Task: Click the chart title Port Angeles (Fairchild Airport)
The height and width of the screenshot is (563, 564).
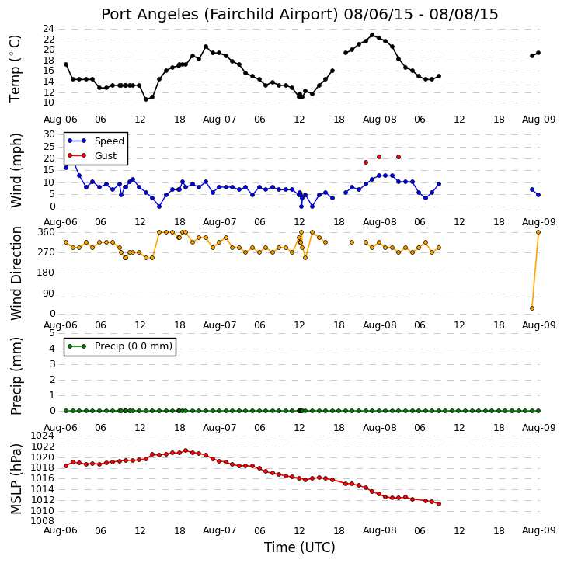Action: click(220, 15)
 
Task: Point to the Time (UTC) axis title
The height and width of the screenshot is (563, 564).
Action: click(300, 547)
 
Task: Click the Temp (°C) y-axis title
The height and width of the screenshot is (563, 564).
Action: click(15, 68)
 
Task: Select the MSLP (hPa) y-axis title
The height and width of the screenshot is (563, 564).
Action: click(16, 479)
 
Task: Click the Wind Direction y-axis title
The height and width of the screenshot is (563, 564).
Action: click(16, 273)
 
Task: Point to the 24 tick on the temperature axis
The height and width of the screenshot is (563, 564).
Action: click(49, 29)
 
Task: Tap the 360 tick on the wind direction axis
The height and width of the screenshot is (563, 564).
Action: click(47, 232)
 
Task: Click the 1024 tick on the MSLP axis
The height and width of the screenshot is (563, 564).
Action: click(43, 436)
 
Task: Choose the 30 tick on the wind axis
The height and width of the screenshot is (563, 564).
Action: click(49, 134)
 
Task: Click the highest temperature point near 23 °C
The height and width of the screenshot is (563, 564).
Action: click(372, 35)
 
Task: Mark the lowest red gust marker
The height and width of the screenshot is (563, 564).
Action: click(366, 162)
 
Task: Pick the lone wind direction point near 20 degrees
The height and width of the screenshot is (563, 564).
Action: click(532, 308)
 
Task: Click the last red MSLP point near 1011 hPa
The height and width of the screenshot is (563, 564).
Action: click(439, 504)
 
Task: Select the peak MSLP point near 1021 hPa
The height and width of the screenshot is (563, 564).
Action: click(186, 450)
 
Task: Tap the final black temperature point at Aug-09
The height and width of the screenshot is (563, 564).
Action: click(538, 53)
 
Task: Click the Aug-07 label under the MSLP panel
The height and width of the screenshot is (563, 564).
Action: click(219, 530)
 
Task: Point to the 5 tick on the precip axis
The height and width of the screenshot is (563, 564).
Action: click(52, 333)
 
